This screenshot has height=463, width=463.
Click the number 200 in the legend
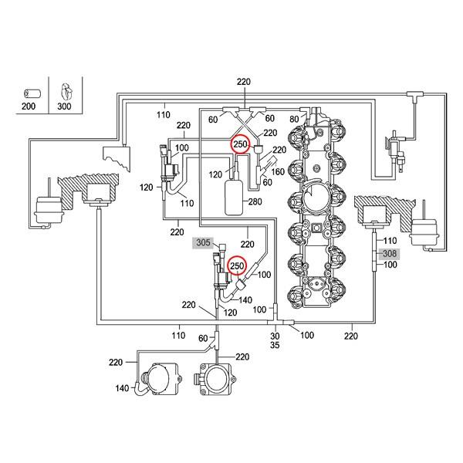[x=29, y=106]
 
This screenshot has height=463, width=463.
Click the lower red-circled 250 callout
[x=237, y=266]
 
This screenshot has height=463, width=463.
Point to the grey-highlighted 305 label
[x=203, y=242]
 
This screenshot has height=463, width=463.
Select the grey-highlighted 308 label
[x=389, y=252]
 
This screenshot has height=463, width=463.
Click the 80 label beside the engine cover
[x=293, y=120]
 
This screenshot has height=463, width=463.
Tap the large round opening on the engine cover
[x=316, y=202]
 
